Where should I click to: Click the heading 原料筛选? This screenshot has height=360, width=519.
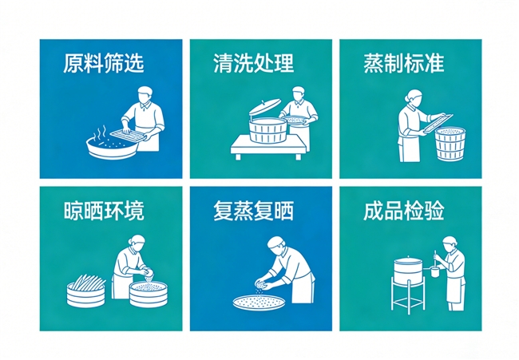pos(104,63)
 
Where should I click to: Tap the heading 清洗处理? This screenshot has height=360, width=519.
pos(254,63)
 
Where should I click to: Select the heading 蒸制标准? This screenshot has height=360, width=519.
pos(404,63)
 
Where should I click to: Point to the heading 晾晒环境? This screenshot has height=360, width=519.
pos(104,211)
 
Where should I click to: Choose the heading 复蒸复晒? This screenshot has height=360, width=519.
pos(254,211)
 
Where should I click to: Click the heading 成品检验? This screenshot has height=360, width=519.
pos(404,211)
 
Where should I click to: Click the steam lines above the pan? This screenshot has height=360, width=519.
pos(100,133)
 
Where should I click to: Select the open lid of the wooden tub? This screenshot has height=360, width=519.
pos(265,106)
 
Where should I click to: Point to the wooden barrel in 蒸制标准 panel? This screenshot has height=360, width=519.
pos(450,144)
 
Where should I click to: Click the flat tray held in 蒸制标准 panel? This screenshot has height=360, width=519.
pos(438,123)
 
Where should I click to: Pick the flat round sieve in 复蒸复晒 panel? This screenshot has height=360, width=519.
pos(259,303)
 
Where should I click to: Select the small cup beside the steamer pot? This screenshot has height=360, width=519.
pos(434,272)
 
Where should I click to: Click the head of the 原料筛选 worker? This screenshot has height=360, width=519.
pos(145,95)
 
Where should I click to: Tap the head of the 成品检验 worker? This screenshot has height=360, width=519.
pos(450,244)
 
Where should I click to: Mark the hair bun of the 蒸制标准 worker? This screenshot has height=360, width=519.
pos(406,98)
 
